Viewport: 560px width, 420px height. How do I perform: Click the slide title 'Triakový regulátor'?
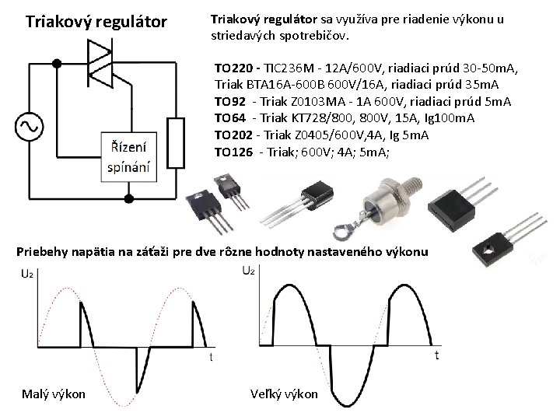click(96, 21)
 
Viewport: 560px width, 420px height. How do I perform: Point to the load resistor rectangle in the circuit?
click(177, 143)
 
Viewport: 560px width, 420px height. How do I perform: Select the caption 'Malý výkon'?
click(54, 394)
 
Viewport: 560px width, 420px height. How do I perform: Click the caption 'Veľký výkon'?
click(285, 394)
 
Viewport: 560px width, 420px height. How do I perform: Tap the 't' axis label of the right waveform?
click(437, 355)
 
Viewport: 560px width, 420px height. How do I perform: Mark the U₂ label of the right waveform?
click(248, 270)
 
